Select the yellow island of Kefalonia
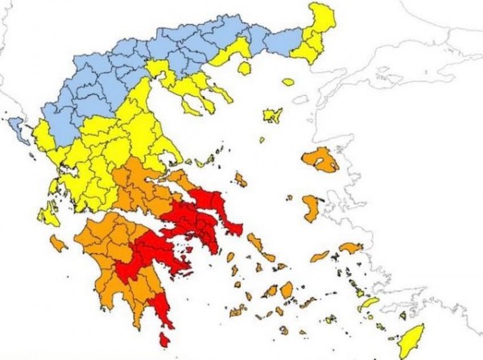[x=48, y=214]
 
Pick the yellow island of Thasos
[x=244, y=68]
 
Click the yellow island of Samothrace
[x=288, y=81]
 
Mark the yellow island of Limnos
[x=272, y=114]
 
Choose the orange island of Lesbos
[x=322, y=159]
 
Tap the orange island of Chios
[x=311, y=208]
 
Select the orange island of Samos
[x=350, y=247]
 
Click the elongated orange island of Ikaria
[x=320, y=256]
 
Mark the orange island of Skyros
[x=241, y=179]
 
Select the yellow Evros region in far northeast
[x=318, y=32]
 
